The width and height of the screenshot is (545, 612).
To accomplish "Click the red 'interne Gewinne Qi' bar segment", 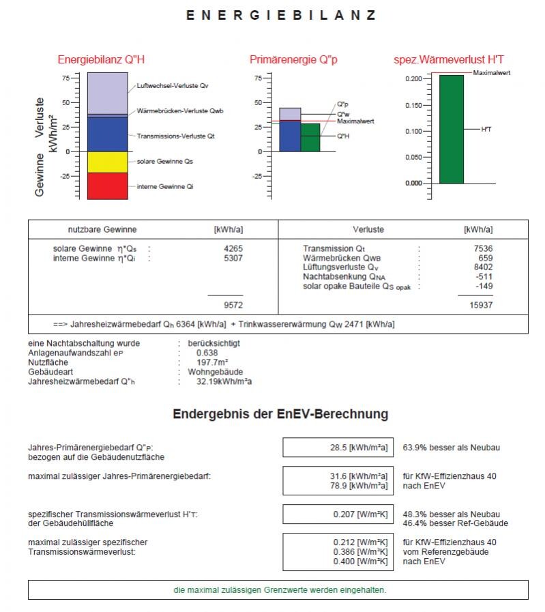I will [107, 186].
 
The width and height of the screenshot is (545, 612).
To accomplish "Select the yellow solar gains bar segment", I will [107, 162].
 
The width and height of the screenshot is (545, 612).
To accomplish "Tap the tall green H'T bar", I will [451, 129].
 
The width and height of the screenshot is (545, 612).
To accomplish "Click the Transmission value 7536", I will [483, 249].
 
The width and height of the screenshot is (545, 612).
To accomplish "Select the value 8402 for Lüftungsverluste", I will [483, 268].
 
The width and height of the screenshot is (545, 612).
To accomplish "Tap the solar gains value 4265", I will [233, 249].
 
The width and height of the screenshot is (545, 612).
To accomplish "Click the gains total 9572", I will [233, 305].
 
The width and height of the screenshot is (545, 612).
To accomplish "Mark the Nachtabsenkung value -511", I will [484, 277].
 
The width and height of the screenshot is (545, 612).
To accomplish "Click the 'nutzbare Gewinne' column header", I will [102, 230].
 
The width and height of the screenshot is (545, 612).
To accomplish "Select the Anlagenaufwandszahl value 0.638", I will [207, 353].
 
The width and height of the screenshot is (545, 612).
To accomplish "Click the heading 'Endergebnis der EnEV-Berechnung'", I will [280, 414].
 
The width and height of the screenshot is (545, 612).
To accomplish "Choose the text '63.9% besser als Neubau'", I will [452, 448].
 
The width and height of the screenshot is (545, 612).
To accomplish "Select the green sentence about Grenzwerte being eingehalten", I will [278, 589].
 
